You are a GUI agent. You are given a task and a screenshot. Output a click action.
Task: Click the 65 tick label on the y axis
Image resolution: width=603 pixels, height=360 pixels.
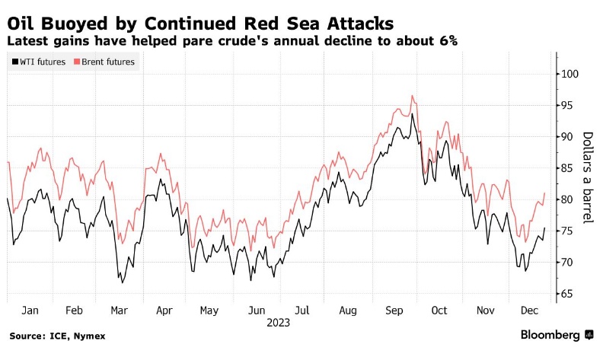click(x=567, y=294)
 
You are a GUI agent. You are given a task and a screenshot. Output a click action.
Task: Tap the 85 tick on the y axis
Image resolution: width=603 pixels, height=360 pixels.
click(x=567, y=168)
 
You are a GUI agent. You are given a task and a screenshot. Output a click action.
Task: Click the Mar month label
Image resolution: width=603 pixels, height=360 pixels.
click(x=120, y=311)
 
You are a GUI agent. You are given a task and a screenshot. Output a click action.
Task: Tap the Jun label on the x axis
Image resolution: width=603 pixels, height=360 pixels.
click(x=257, y=311)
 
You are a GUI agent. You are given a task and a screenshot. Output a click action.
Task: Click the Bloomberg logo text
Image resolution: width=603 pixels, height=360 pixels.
click(x=551, y=335)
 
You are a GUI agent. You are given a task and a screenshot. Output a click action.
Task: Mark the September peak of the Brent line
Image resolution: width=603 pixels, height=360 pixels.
click(x=412, y=96)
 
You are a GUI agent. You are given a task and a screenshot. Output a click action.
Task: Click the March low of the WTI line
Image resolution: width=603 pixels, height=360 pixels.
click(x=123, y=282)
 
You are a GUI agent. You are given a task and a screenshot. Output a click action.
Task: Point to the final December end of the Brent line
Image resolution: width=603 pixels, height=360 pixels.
click(x=544, y=193)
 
